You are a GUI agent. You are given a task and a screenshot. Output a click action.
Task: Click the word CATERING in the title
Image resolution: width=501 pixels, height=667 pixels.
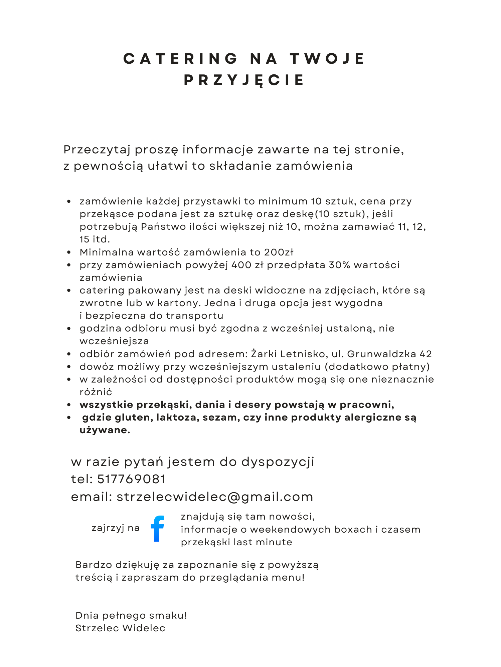pos(180,59)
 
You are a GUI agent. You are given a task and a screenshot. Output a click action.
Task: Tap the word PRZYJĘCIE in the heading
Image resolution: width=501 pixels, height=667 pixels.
pos(244,80)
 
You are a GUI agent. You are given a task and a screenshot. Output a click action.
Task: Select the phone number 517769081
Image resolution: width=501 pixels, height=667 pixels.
pos(131,479)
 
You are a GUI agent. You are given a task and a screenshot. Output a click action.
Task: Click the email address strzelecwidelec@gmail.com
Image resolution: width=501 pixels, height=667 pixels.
pos(215,497)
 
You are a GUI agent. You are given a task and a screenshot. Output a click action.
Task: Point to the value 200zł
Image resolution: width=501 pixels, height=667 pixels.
pos(279,252)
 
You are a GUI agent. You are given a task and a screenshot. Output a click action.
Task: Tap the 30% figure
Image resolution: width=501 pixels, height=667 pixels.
pos(340,265)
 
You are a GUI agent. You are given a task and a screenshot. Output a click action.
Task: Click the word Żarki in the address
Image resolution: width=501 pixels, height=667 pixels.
pos(264,354)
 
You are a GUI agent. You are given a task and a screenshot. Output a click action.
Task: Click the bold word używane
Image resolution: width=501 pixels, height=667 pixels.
pos(105,430)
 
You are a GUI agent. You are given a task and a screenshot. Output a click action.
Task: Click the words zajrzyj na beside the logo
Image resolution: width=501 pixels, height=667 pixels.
pos(116,528)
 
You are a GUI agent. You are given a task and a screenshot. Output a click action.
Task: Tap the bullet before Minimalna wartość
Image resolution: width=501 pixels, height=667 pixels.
pos(69,252)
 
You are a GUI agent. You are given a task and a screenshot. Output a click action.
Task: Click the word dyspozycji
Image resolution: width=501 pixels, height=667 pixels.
pos(278,462)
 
